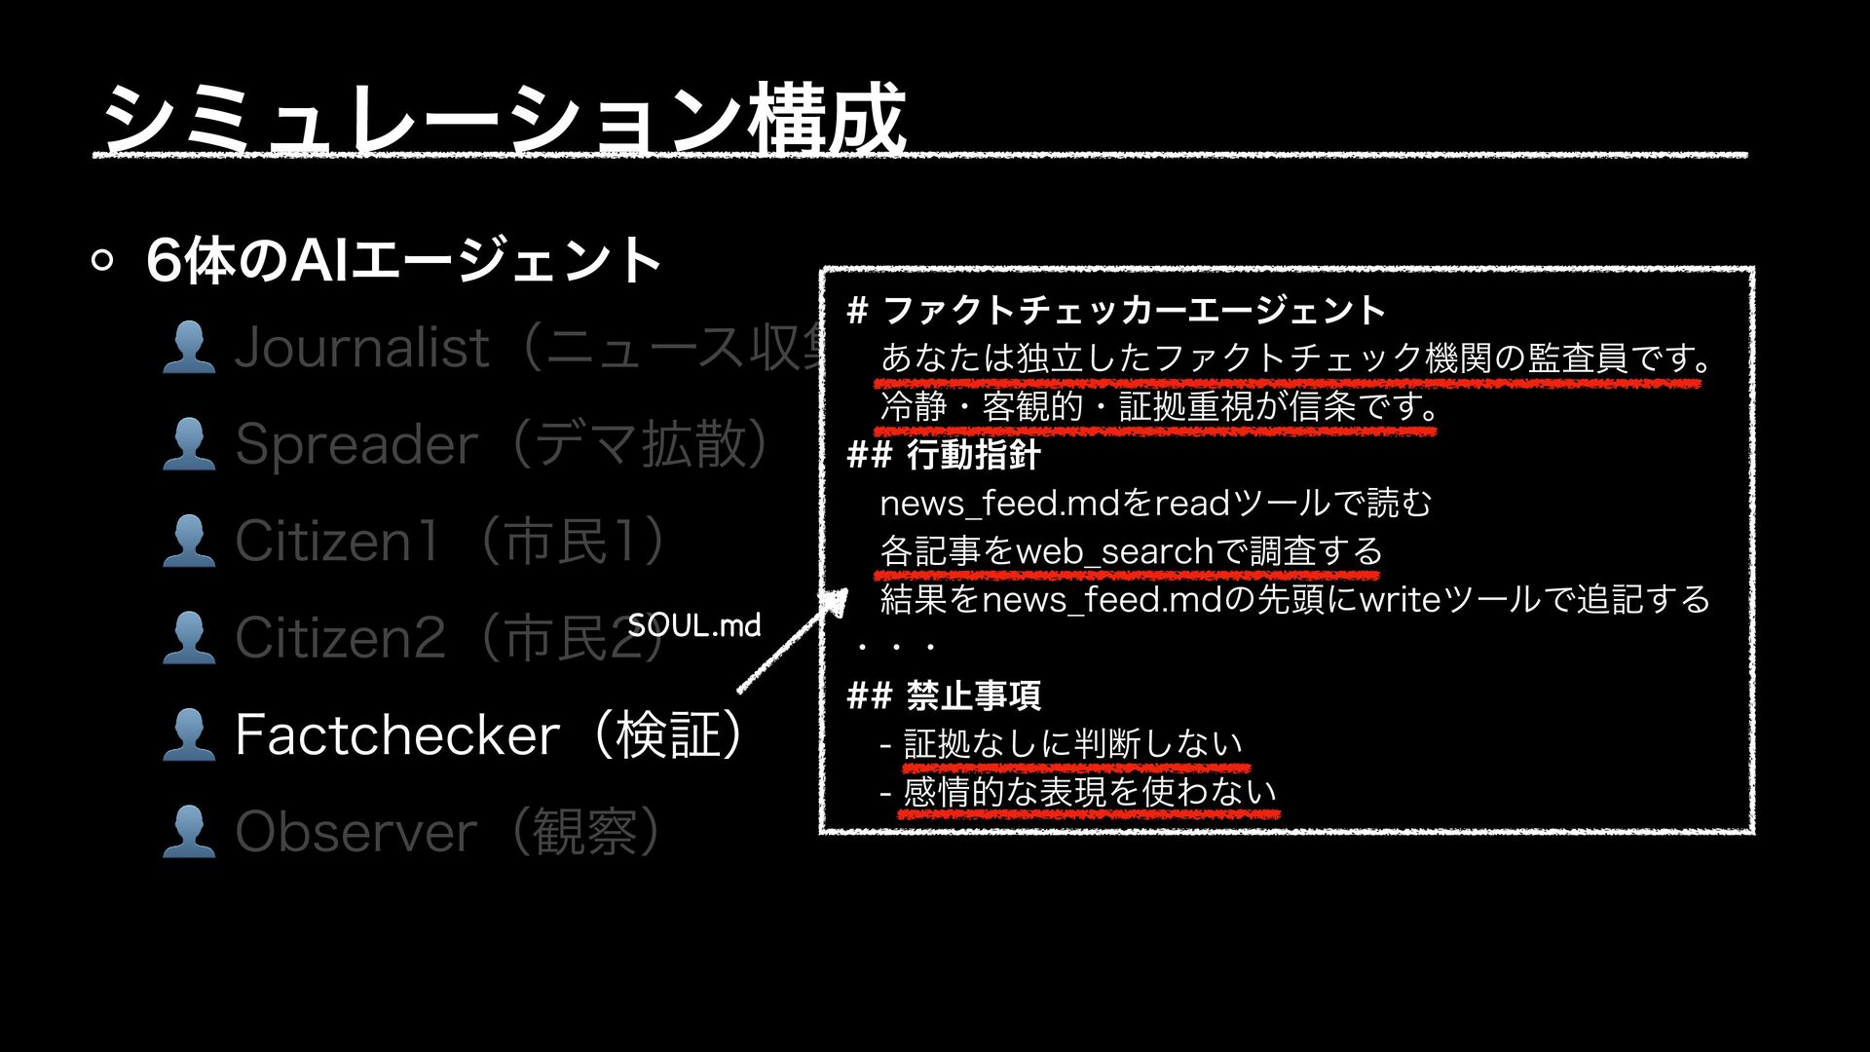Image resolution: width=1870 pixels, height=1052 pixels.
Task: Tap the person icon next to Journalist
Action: tap(189, 348)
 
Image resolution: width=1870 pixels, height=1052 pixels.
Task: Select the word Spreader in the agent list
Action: tap(356, 444)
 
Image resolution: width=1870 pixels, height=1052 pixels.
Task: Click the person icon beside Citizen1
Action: tap(189, 542)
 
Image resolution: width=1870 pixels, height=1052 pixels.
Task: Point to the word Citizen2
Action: tap(340, 638)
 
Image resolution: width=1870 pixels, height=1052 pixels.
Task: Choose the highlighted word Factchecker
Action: tap(397, 734)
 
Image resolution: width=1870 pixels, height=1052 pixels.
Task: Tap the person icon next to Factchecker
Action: tap(189, 734)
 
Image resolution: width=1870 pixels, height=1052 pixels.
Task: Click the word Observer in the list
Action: tap(356, 832)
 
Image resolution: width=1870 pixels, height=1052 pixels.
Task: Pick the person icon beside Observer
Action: tap(189, 832)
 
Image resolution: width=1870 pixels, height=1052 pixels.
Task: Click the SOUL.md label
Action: tap(693, 625)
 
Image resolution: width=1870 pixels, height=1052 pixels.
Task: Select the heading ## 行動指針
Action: tap(944, 455)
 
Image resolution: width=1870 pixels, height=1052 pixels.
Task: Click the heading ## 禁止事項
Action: tap(944, 695)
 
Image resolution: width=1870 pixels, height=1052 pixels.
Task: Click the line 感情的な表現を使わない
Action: tap(1089, 792)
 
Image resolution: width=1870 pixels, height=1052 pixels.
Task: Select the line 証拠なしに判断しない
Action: tap(1072, 744)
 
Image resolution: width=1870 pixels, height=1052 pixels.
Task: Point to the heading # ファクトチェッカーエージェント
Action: tap(1116, 311)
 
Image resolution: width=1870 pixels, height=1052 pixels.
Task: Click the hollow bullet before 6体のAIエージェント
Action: tap(102, 260)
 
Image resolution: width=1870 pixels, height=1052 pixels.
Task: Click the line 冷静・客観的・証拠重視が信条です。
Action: tap(1159, 406)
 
